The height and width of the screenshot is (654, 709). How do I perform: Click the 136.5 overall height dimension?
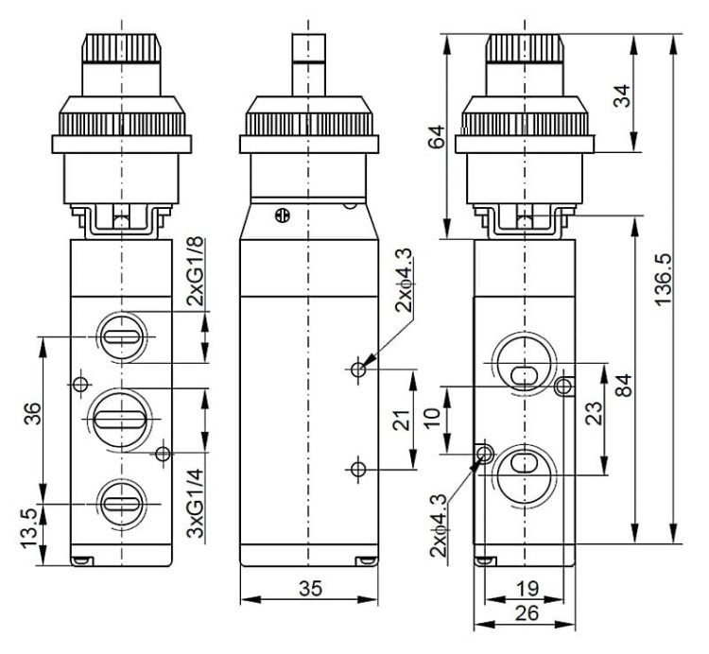point(664,280)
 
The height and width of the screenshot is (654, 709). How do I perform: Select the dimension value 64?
point(437,137)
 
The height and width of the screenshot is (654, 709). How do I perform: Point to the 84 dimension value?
point(625,385)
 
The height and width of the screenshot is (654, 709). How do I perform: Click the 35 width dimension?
point(311,588)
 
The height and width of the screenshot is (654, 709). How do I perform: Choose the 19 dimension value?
point(527,589)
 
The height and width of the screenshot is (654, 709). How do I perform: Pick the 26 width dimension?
point(527,613)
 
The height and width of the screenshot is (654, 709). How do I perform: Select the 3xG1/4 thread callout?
point(196,503)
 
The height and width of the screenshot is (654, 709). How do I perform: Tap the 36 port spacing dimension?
point(32,413)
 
